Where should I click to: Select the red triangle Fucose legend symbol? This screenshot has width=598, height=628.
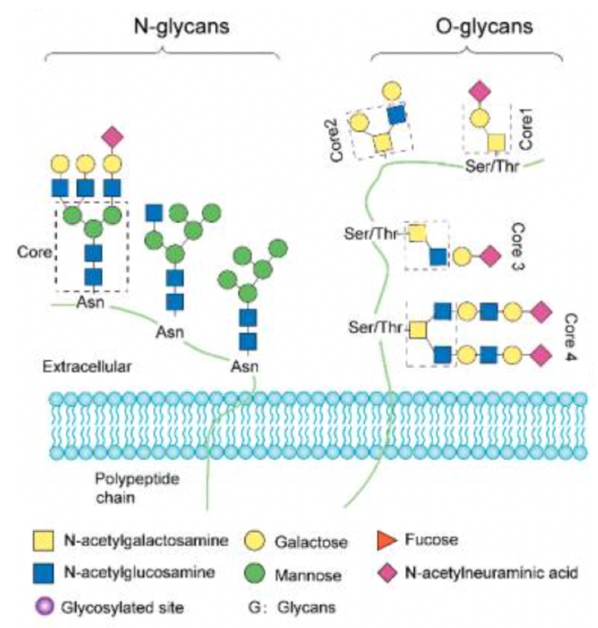tap(385, 539)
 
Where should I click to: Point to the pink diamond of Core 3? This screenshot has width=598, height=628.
tap(490, 256)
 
